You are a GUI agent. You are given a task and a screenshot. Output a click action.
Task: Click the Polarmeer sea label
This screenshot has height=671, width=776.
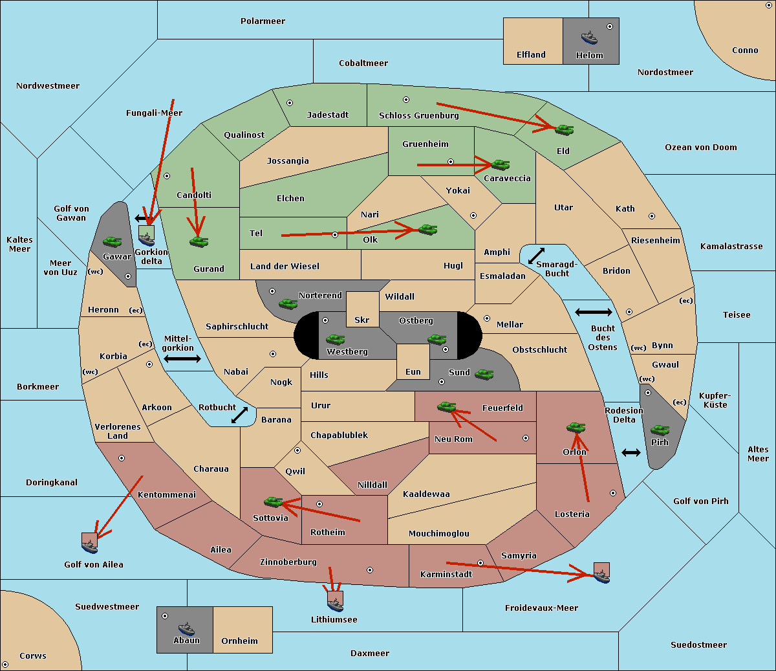pos(263,21)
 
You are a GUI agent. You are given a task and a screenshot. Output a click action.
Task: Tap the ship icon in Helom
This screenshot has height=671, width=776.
pos(589,38)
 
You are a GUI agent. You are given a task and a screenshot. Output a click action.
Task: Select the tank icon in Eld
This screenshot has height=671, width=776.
pos(564,129)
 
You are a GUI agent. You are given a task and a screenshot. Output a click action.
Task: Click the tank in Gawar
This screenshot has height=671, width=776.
pos(113,241)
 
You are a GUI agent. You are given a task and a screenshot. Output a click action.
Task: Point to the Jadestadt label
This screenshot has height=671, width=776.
pos(327,115)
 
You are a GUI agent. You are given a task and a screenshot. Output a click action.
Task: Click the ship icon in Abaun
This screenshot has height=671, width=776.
pos(186,628)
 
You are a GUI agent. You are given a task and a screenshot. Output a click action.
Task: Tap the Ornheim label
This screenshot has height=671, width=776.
pos(239,641)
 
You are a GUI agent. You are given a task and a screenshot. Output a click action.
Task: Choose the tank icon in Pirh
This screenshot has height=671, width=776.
pos(660,430)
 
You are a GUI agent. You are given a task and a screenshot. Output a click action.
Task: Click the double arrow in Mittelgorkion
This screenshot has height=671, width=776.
pos(182,359)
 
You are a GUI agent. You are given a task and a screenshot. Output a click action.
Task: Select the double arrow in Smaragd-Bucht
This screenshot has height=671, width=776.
pos(537,256)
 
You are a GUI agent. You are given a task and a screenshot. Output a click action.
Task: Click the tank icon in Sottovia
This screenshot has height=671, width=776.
pos(274,501)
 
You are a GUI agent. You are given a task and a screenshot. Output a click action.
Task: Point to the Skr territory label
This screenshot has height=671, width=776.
pos(362,320)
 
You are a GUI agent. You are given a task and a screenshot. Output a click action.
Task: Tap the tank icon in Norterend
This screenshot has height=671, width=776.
pos(288,303)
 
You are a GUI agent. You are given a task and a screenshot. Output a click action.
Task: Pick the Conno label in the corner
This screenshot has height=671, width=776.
pos(745,50)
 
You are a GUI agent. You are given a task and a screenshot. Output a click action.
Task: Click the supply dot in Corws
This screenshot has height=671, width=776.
pos(5,665)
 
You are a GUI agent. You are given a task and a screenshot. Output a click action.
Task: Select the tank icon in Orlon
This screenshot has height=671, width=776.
pos(576,428)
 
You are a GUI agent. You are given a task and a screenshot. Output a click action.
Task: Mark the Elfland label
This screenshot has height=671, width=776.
pos(531,55)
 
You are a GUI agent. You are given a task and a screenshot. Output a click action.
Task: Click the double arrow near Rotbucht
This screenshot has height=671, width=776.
pos(239,415)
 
